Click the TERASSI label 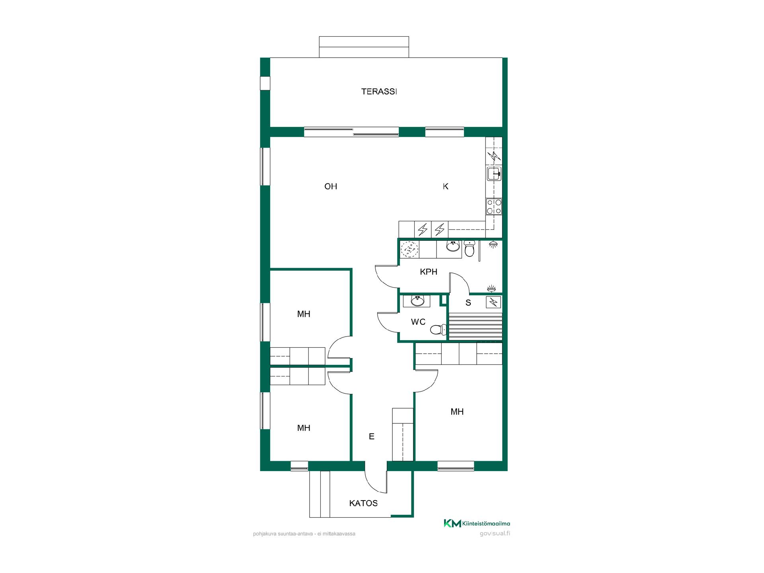pyautogui.click(x=379, y=92)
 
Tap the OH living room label pyautogui.click(x=331, y=186)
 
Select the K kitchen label pyautogui.click(x=446, y=186)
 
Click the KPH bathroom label pyautogui.click(x=429, y=272)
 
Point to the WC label pyautogui.click(x=418, y=322)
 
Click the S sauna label pyautogui.click(x=468, y=303)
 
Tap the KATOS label pyautogui.click(x=363, y=503)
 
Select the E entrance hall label pyautogui.click(x=372, y=437)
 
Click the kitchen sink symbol pyautogui.click(x=494, y=174)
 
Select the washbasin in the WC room pyautogui.click(x=417, y=301)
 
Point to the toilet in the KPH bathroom pyautogui.click(x=470, y=249)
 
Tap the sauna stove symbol pyautogui.click(x=494, y=303)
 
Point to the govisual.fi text pyautogui.click(x=495, y=534)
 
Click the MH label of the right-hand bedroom pyautogui.click(x=457, y=412)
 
